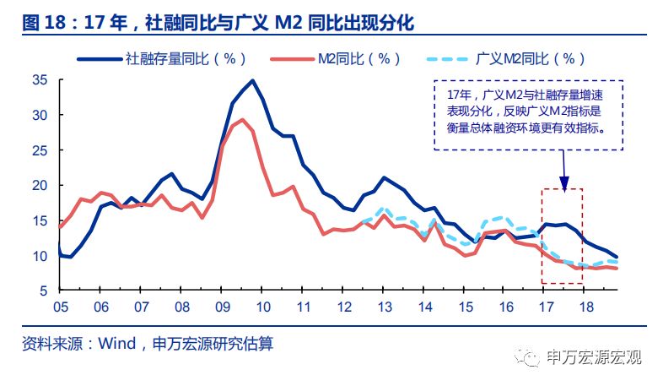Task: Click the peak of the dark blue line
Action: click(251, 81)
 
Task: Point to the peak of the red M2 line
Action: click(242, 120)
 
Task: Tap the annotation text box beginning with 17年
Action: click(528, 115)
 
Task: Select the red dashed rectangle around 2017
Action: click(562, 236)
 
